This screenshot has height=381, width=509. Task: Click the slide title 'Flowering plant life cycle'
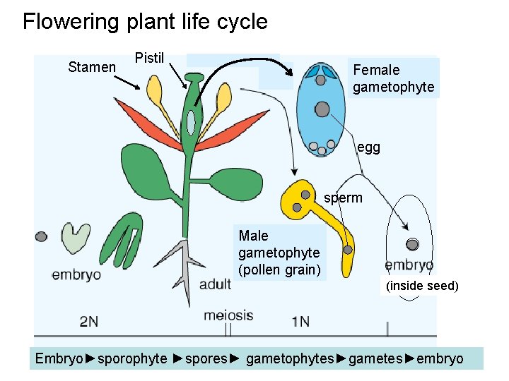tap(145, 21)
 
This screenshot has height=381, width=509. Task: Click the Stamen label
tap(92, 67)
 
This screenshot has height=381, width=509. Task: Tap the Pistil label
tap(149, 58)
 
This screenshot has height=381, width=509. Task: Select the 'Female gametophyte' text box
tap(394, 78)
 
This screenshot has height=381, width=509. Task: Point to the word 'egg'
tap(368, 147)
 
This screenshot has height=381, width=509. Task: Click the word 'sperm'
tap(343, 198)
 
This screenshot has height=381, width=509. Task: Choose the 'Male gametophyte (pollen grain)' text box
tap(279, 253)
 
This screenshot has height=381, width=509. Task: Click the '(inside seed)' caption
tap(423, 286)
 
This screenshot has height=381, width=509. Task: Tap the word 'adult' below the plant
tap(216, 285)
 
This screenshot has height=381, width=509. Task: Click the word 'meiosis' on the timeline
tap(228, 315)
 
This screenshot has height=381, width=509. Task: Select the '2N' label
tap(89, 322)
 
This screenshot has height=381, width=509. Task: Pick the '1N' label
tap(300, 322)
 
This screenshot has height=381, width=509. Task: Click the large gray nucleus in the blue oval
tap(322, 109)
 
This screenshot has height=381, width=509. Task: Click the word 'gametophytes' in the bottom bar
tap(290, 358)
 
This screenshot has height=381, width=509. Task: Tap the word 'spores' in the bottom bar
tap(206, 358)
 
